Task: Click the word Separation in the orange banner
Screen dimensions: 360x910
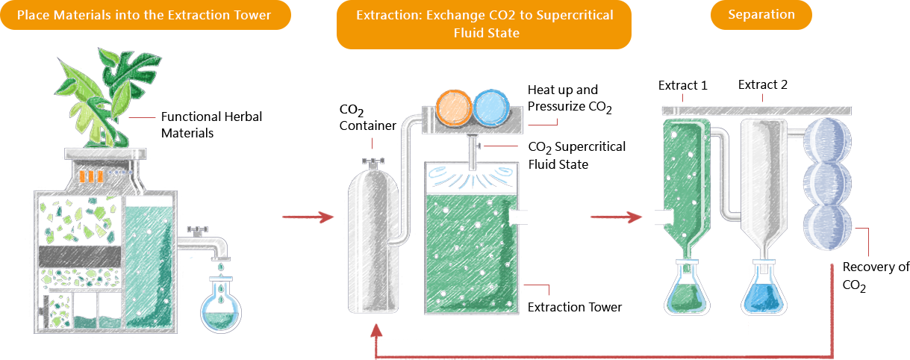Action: pyautogui.click(x=761, y=15)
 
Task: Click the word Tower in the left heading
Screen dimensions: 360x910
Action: pyautogui.click(x=252, y=15)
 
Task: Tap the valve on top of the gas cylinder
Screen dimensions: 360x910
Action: pyautogui.click(x=371, y=161)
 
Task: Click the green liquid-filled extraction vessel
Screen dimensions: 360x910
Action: pyautogui.click(x=471, y=246)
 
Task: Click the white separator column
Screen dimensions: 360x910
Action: pyautogui.click(x=762, y=187)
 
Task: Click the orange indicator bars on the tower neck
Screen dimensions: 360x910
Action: pyautogui.click(x=90, y=176)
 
